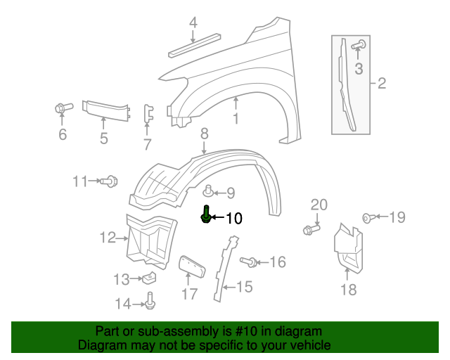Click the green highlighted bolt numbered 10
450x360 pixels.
(205, 215)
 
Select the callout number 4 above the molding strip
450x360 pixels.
(193, 23)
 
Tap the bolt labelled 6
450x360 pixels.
(61, 108)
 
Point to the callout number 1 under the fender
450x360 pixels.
(236, 119)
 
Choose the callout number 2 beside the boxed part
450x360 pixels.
(382, 84)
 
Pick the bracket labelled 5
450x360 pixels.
(105, 108)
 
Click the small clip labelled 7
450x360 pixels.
(148, 115)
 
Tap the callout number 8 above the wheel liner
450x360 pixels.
(204, 133)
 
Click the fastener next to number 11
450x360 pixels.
(108, 182)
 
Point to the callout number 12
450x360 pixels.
(107, 238)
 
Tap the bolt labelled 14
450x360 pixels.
(150, 302)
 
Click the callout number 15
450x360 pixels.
(243, 286)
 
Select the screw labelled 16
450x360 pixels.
(248, 262)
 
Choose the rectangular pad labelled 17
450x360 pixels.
(191, 268)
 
